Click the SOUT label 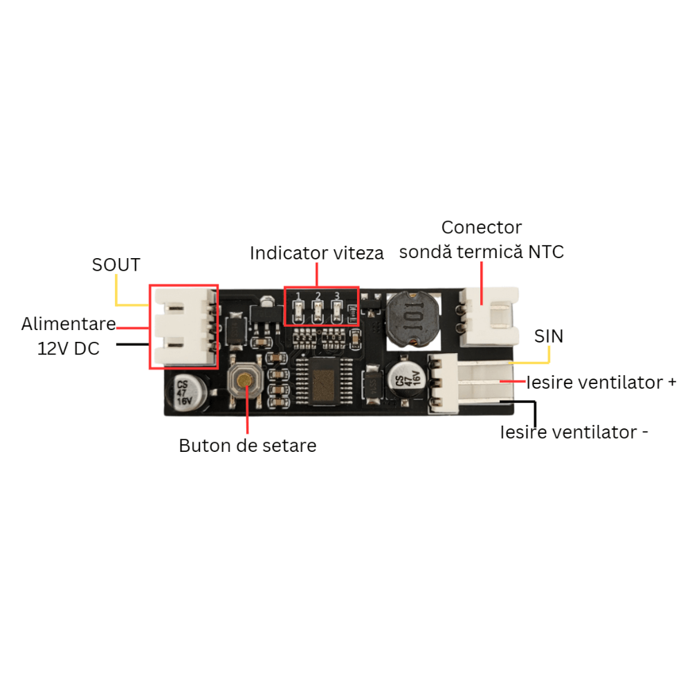(x=116, y=265)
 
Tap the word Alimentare (x=69, y=324)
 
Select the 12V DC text (x=69, y=349)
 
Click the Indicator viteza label (x=316, y=253)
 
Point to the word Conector (x=482, y=228)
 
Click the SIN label (x=549, y=336)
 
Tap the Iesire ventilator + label (x=601, y=383)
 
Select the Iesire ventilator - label (x=574, y=432)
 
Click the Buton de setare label (x=248, y=446)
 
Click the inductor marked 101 (x=413, y=318)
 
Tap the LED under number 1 (x=298, y=313)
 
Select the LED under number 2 (x=318, y=313)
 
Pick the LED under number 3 (x=337, y=313)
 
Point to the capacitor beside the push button (x=186, y=392)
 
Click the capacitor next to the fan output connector (x=406, y=379)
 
